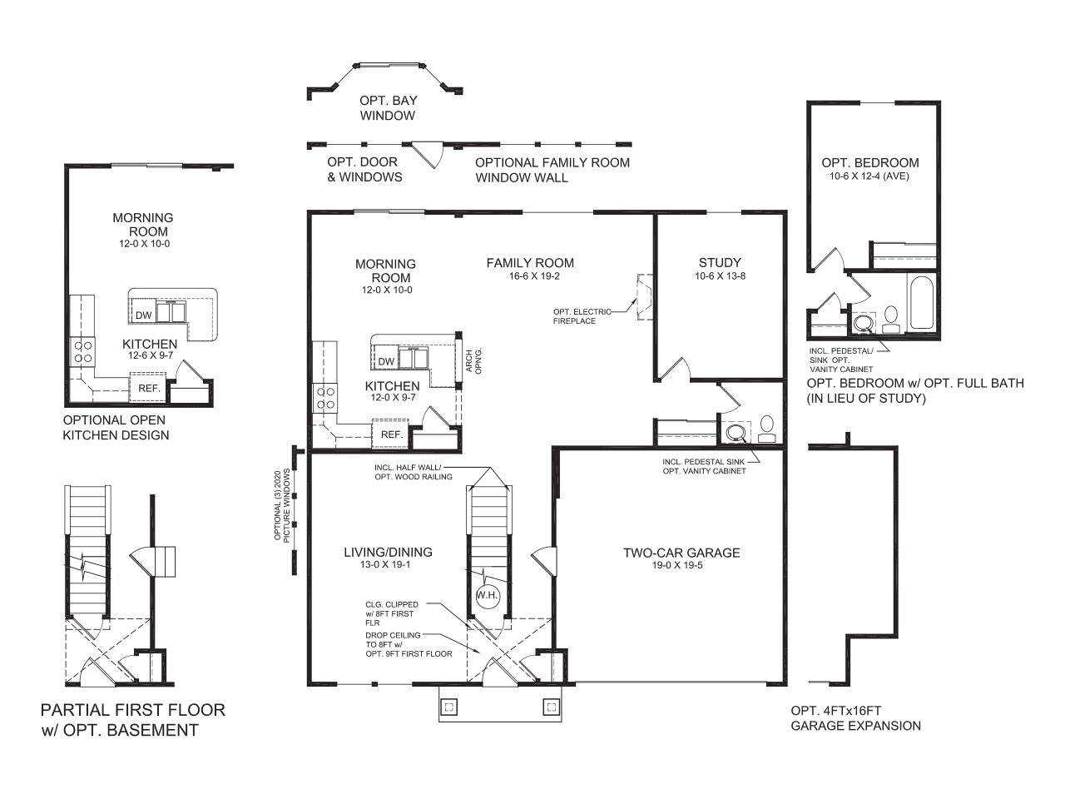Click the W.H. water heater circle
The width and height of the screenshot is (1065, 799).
(487, 595)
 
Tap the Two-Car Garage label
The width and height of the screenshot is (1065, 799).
(681, 553)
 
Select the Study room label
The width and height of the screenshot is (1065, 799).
(720, 262)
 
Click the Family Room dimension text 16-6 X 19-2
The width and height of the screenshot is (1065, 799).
(530, 276)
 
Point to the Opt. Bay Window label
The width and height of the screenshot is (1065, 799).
(388, 108)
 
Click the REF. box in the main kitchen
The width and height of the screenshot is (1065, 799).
(391, 434)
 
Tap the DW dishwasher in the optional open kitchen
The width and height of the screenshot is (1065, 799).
(144, 315)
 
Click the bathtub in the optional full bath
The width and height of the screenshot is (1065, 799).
(922, 303)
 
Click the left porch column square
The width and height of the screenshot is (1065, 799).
(448, 707)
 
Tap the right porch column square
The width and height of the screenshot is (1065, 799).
(551, 707)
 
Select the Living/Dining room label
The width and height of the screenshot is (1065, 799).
(388, 552)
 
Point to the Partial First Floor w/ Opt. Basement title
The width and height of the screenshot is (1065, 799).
(132, 720)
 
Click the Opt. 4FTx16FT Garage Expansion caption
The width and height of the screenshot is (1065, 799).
(855, 718)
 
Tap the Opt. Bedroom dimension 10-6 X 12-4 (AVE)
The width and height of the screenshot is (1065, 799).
(869, 176)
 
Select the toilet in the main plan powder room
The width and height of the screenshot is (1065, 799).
(767, 427)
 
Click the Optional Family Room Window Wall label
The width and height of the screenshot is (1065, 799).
(552, 170)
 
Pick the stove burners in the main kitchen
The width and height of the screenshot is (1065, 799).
(325, 398)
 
